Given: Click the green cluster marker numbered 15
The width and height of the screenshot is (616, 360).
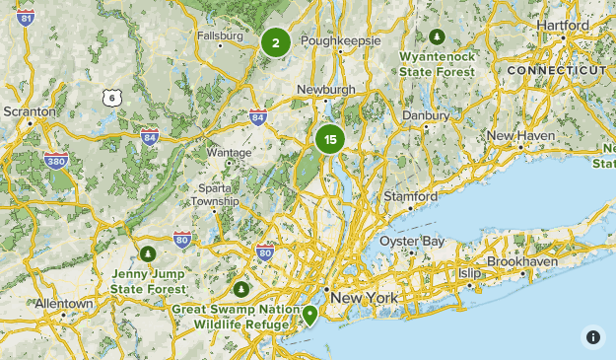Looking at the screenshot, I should pyautogui.click(x=330, y=140).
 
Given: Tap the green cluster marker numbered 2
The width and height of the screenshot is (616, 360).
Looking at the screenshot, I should pyautogui.click(x=276, y=42).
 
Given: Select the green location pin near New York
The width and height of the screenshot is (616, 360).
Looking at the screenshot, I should pyautogui.click(x=310, y=315).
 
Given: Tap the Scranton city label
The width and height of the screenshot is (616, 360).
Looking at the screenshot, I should pyautogui.click(x=30, y=112).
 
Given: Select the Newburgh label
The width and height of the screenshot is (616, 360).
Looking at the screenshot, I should pyautogui.click(x=325, y=89).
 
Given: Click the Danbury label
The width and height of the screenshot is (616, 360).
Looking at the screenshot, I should pyautogui.click(x=426, y=115).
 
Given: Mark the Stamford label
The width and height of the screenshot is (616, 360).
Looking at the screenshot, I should pyautogui.click(x=410, y=196).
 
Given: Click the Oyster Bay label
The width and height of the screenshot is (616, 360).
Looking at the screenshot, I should pyautogui.click(x=412, y=242).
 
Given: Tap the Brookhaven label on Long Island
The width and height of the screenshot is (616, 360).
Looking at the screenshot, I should pyautogui.click(x=522, y=262).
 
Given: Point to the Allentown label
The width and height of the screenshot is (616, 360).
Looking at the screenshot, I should pyautogui.click(x=64, y=304).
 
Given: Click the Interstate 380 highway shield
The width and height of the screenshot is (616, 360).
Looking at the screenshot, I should pyautogui.click(x=58, y=160).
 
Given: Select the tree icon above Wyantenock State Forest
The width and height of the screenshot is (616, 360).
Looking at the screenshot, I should pyautogui.click(x=438, y=37).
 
